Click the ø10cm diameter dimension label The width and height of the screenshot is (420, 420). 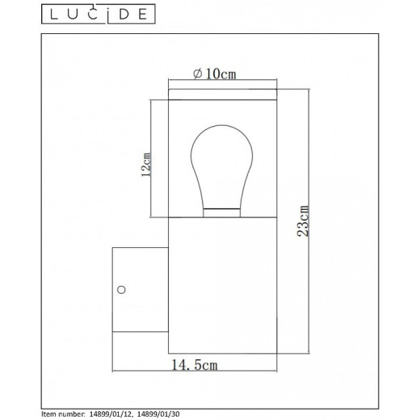(x=215, y=73)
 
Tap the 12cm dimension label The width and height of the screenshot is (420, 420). (x=146, y=165)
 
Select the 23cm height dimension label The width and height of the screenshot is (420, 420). (x=303, y=220)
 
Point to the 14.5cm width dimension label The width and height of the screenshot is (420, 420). (x=195, y=365)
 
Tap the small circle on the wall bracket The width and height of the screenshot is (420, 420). (x=121, y=290)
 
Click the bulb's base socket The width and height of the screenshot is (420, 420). (x=221, y=212)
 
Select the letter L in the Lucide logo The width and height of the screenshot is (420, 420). (x=54, y=14)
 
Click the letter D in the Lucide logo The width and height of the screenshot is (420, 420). (x=124, y=14)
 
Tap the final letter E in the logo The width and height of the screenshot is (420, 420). (x=143, y=14)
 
